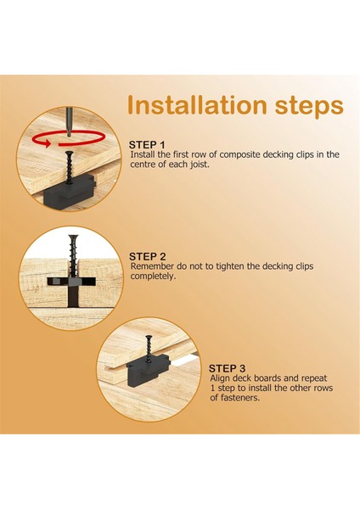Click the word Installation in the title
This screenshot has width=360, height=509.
tap(197, 105)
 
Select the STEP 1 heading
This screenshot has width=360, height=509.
tap(147, 145)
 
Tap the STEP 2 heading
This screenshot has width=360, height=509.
tap(148, 257)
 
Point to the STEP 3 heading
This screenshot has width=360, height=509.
tap(227, 369)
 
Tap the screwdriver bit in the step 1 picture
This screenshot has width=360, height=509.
tap(69, 122)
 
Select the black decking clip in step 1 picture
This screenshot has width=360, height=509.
tap(69, 193)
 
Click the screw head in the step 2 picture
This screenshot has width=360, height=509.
tap(74, 237)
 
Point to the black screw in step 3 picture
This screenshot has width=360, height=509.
tap(149, 350)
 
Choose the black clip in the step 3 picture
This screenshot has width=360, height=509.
tap(148, 369)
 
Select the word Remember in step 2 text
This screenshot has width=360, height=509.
tap(152, 266)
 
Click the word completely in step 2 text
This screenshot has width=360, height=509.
tap(153, 277)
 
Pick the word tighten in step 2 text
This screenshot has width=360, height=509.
tap(230, 266)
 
